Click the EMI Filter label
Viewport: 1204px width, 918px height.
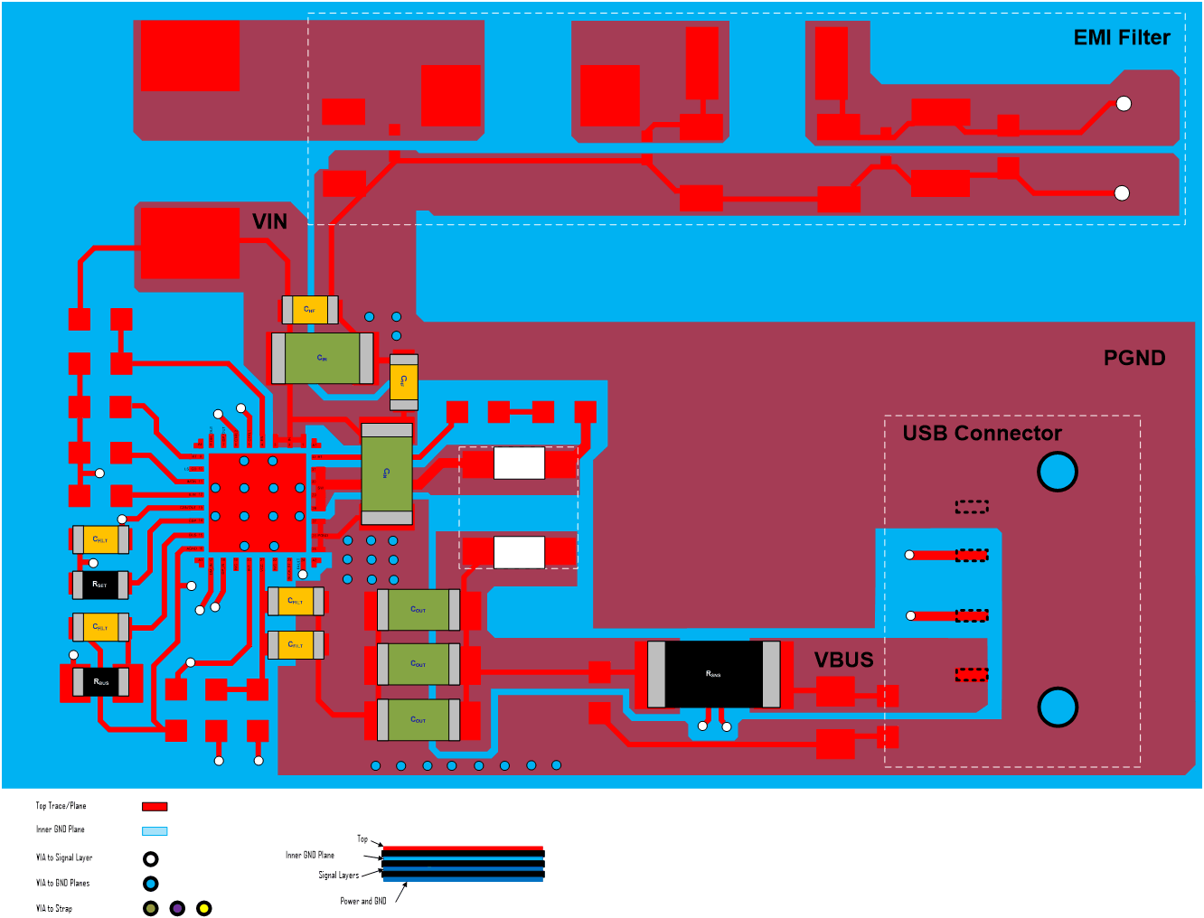point(1121,38)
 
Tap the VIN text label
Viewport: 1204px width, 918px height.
point(269,222)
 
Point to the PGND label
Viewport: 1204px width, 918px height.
point(1133,359)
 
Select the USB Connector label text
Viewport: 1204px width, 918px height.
point(982,434)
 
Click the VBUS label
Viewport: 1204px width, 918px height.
point(843,660)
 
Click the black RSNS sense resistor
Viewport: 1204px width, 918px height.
point(713,674)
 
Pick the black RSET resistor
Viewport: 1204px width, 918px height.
point(99,585)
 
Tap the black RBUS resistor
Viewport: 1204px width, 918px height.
point(100,682)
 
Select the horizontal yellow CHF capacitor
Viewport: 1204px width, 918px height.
point(309,310)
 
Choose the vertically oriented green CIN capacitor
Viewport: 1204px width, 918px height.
point(387,473)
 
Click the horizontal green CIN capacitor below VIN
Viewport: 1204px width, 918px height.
point(322,359)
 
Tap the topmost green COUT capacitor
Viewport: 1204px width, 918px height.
point(418,610)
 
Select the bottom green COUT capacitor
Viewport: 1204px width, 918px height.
point(418,720)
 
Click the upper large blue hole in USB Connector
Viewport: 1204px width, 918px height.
point(1057,472)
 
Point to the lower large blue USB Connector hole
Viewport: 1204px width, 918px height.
point(1057,707)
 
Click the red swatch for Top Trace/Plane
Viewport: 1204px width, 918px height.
point(155,806)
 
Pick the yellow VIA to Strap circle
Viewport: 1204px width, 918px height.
point(204,908)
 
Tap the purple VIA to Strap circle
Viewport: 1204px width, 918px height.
point(177,908)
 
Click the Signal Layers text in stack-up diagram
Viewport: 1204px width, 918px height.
point(338,875)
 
